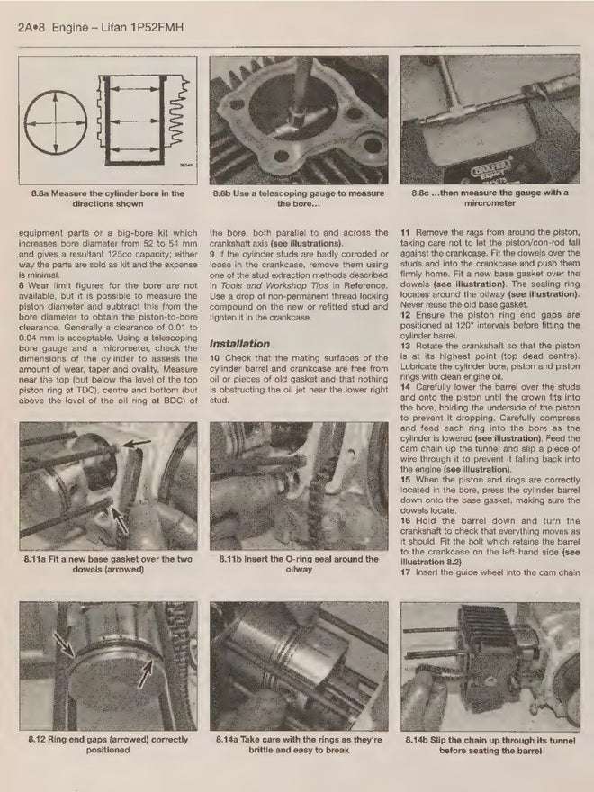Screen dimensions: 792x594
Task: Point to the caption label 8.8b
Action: click(225, 193)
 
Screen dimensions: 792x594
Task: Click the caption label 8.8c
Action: click(423, 193)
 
